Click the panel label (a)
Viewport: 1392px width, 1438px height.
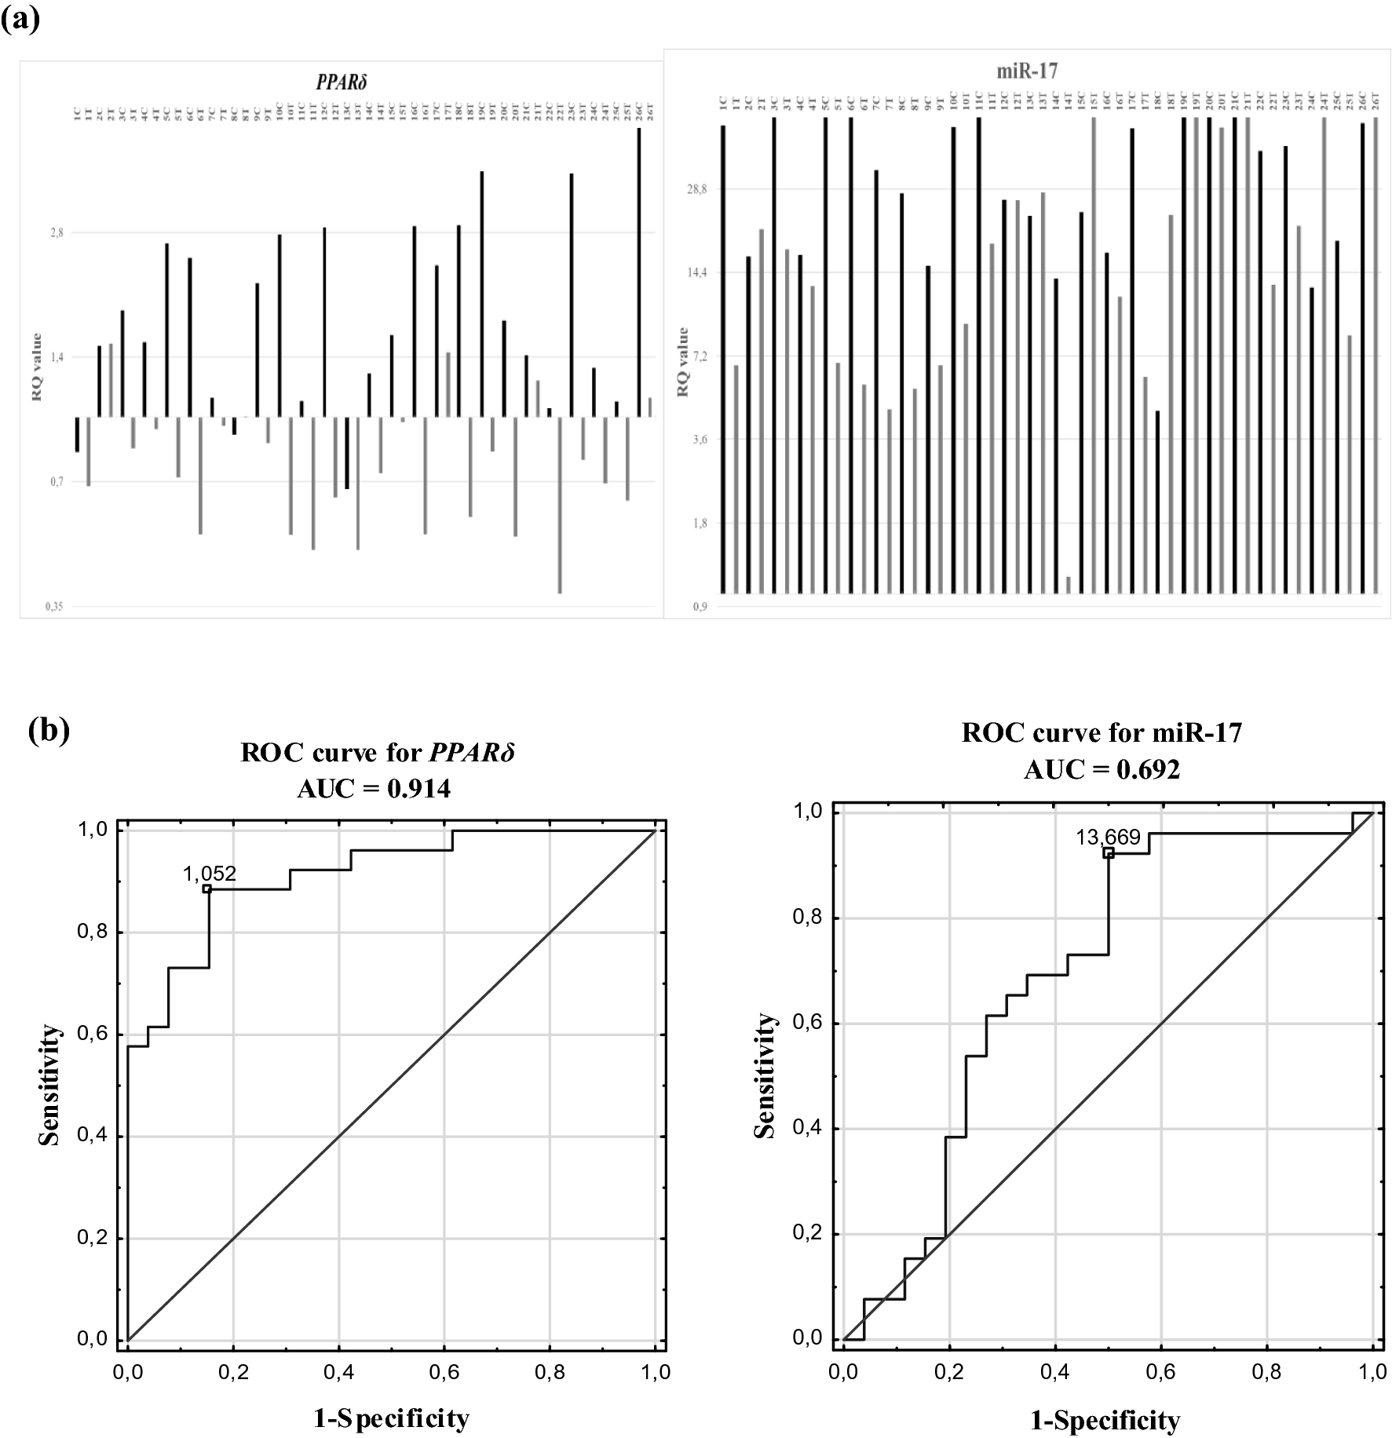click(20, 16)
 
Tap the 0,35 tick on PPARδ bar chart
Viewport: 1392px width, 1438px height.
click(54, 606)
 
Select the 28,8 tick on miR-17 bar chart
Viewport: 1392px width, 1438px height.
click(696, 189)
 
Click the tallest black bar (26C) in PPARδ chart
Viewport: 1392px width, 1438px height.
click(639, 271)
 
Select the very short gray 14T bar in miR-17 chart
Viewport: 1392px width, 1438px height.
click(1069, 585)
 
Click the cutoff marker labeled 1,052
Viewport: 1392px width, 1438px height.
click(206, 889)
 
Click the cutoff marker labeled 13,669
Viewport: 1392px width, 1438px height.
click(1108, 852)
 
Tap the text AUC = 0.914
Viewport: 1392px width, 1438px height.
click(374, 788)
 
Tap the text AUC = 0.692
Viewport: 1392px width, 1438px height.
click(1101, 770)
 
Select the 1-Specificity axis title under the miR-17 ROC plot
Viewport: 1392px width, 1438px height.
click(1105, 1419)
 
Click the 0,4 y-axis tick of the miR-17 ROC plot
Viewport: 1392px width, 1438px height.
click(809, 1129)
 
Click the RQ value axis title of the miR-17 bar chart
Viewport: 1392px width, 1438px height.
click(683, 362)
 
